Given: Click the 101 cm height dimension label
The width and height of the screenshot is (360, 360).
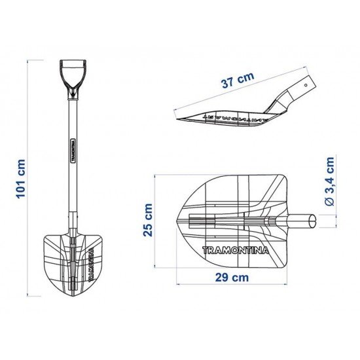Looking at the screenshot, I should click(x=20, y=178).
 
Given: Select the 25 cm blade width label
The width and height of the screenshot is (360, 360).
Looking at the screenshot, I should click(x=149, y=219).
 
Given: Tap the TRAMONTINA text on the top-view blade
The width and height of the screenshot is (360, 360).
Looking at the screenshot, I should click(x=234, y=249).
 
